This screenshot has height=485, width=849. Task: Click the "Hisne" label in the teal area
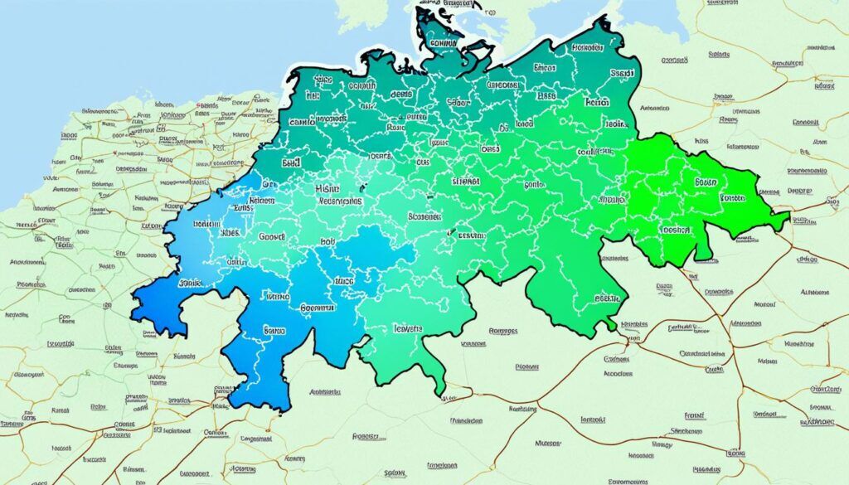329,189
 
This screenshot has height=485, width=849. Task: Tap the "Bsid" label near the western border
290,165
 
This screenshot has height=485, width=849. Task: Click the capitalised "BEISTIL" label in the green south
608,298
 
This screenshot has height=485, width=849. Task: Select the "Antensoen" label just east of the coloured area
656,108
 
